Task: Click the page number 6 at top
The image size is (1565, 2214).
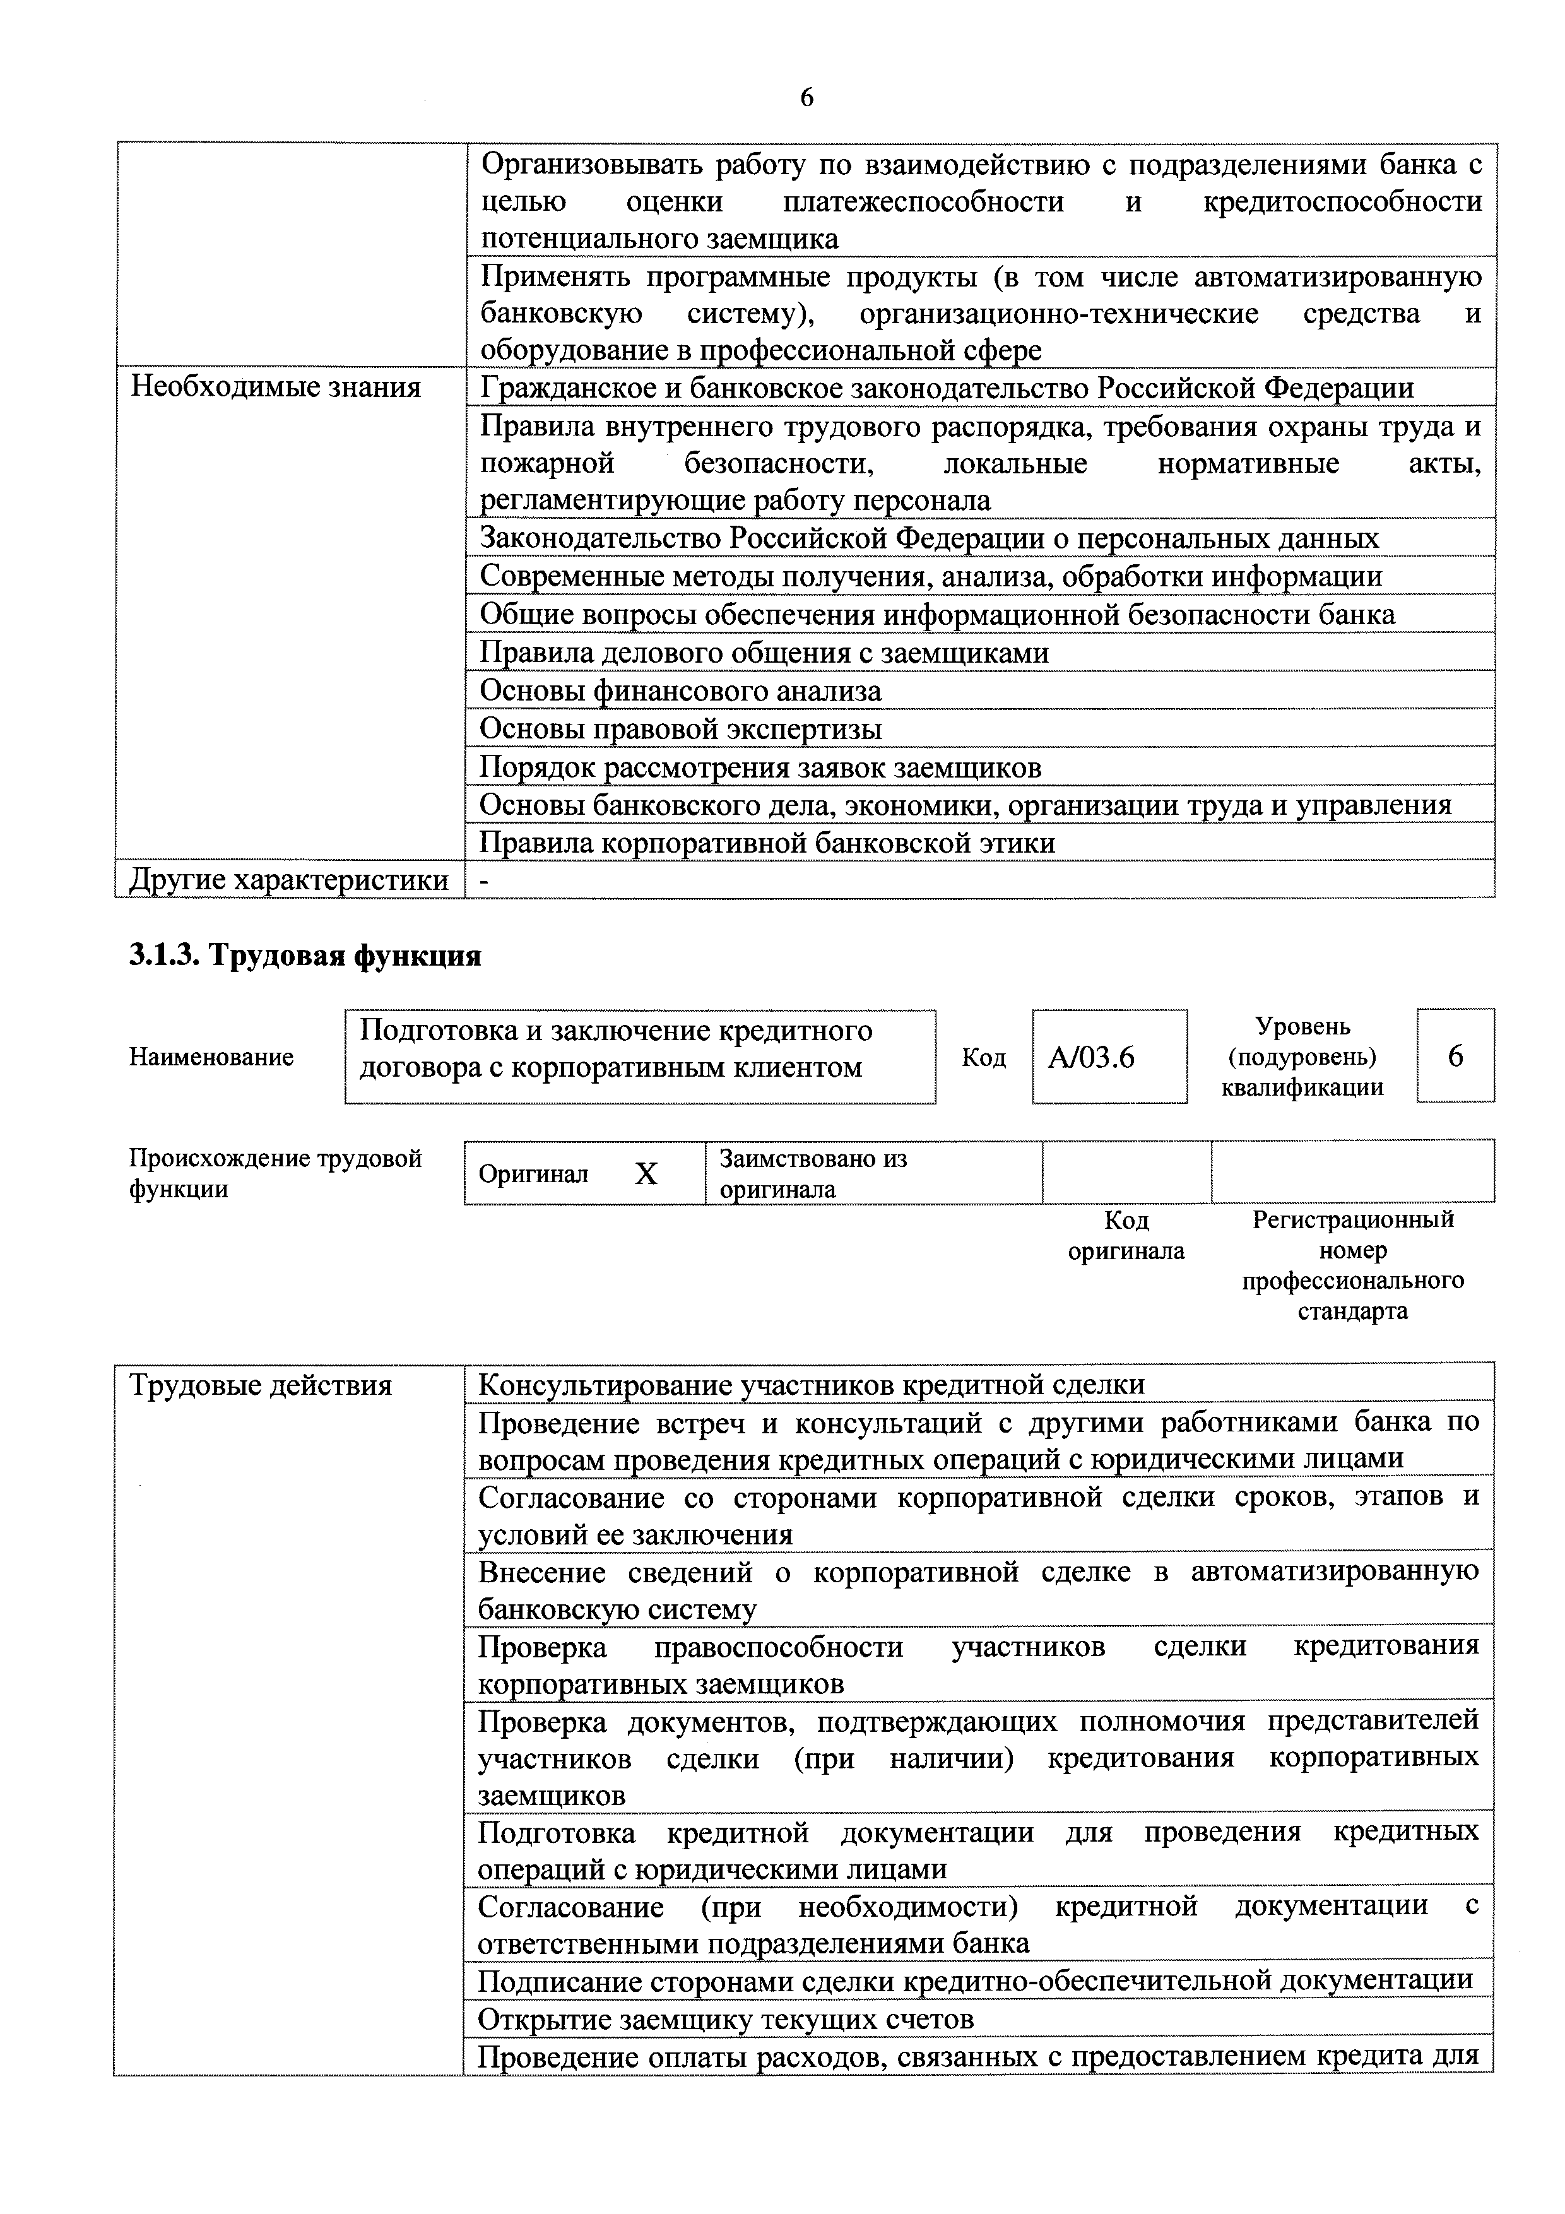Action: [806, 97]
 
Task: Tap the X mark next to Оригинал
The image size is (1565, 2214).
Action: [646, 1173]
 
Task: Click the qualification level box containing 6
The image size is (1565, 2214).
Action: [1455, 1056]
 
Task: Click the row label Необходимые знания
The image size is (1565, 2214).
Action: [276, 388]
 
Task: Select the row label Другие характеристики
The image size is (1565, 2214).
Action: [289, 879]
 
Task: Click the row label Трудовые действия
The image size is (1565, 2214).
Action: [261, 1386]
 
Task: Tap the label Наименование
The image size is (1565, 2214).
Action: [211, 1057]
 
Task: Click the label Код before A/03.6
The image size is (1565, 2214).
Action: [984, 1058]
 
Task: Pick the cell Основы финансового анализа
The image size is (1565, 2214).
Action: [680, 690]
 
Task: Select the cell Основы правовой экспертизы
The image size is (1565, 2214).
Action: [680, 729]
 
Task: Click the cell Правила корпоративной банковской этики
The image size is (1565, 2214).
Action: [767, 843]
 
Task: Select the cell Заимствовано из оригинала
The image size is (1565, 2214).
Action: [812, 1173]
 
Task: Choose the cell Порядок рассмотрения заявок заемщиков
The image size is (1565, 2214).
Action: [760, 767]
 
